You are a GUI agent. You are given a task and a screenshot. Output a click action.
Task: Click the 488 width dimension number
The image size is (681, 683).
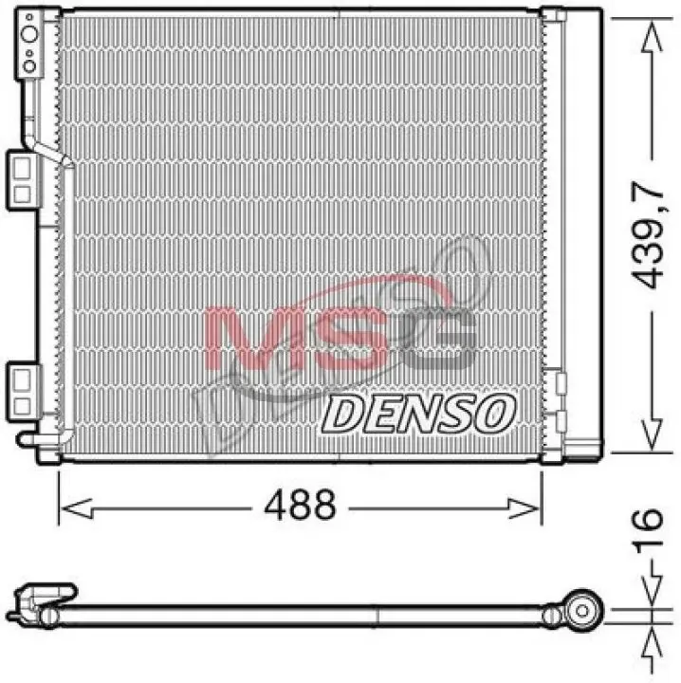300,505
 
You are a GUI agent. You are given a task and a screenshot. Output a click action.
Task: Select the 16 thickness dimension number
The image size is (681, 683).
649,531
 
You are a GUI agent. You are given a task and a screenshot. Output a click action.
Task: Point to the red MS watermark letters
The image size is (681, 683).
295,337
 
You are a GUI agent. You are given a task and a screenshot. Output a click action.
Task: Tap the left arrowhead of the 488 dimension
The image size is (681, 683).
77,508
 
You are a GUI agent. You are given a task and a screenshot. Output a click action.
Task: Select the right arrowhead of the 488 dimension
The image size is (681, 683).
524,508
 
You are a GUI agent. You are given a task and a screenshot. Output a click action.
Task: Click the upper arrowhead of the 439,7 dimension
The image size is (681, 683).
652,37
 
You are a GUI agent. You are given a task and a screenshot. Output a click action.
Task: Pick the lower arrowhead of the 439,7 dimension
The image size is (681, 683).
652,434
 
